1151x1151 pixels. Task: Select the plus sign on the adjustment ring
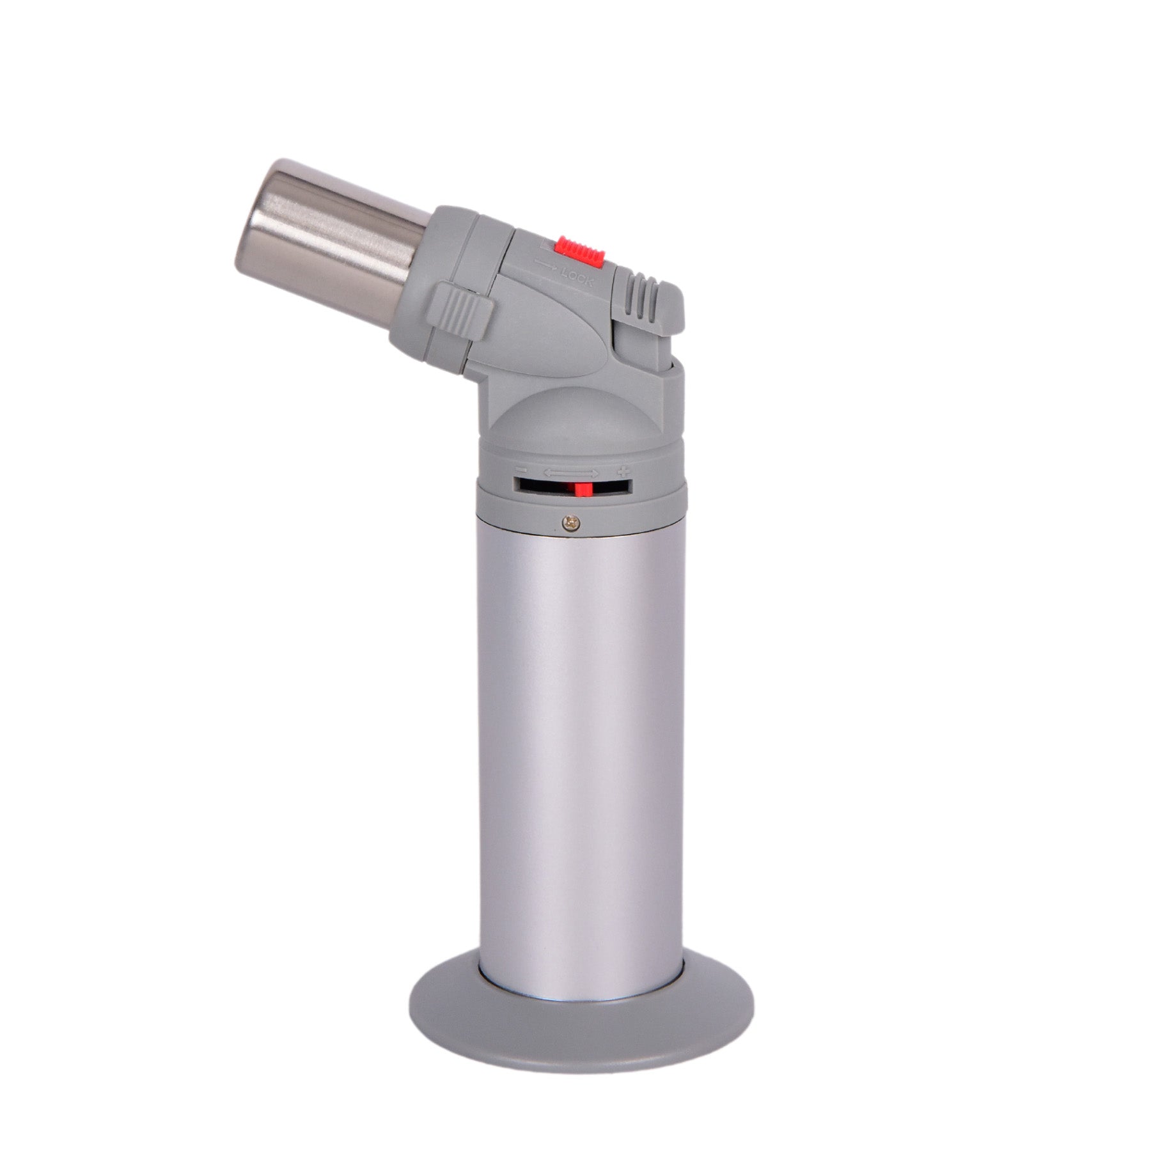[x=621, y=473]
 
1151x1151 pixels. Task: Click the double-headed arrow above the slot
[x=571, y=473]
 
